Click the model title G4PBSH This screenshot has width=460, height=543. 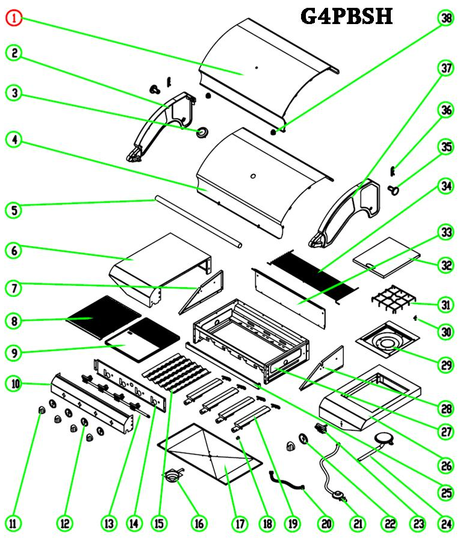pyautogui.click(x=346, y=16)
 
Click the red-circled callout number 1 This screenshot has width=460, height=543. pyautogui.click(x=14, y=19)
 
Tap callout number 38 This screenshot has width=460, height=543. pyautogui.click(x=445, y=19)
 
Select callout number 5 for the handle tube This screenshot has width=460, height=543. pyautogui.click(x=14, y=210)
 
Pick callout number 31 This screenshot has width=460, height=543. pyautogui.click(x=445, y=305)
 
